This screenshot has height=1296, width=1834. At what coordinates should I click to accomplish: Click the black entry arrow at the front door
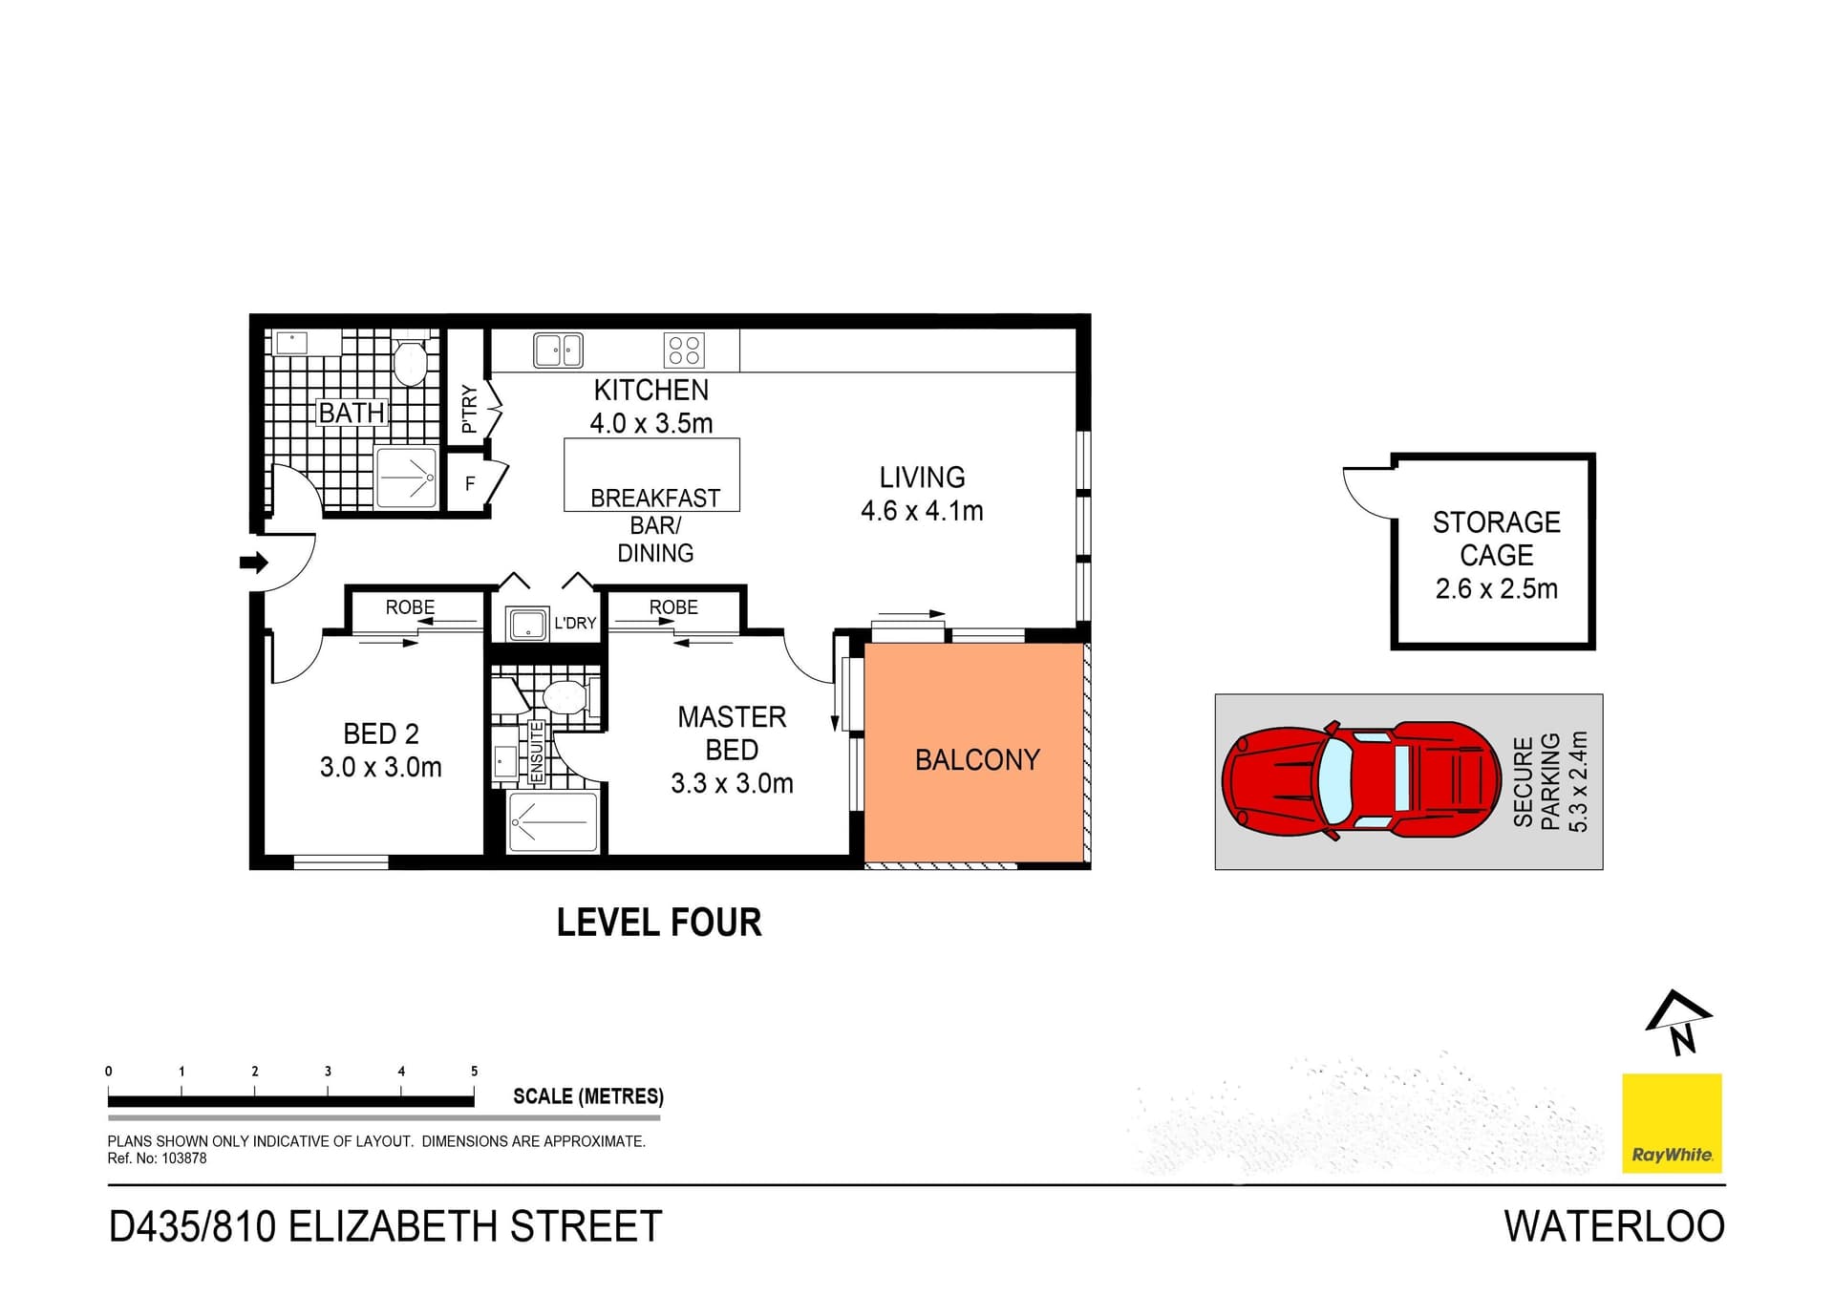tap(253, 563)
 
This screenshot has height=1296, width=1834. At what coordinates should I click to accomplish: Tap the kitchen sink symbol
tap(558, 351)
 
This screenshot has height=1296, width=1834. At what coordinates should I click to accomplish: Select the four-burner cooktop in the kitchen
tap(684, 351)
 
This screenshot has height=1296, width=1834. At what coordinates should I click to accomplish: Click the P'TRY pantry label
tap(469, 409)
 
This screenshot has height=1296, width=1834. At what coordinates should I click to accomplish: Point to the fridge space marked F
tap(470, 483)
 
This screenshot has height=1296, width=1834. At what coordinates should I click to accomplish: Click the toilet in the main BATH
tap(411, 361)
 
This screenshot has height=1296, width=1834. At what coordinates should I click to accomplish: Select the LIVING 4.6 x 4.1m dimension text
tap(922, 511)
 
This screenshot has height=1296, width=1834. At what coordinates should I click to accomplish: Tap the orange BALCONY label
tap(976, 759)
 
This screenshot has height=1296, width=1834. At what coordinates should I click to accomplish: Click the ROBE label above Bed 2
tap(410, 607)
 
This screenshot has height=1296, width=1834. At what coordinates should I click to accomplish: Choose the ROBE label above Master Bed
tap(673, 607)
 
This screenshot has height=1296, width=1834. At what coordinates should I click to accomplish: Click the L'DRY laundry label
tap(575, 623)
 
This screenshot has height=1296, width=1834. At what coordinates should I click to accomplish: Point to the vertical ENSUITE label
tap(537, 752)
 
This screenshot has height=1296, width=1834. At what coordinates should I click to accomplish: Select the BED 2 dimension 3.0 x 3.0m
tap(380, 767)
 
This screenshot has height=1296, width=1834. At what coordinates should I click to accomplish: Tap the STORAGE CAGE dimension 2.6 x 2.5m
tap(1496, 588)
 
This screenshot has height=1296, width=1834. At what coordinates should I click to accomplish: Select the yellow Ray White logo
tap(1672, 1122)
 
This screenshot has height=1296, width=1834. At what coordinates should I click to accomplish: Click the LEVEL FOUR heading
tap(659, 923)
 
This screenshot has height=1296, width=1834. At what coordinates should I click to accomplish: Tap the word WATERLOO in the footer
tap(1613, 1226)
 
